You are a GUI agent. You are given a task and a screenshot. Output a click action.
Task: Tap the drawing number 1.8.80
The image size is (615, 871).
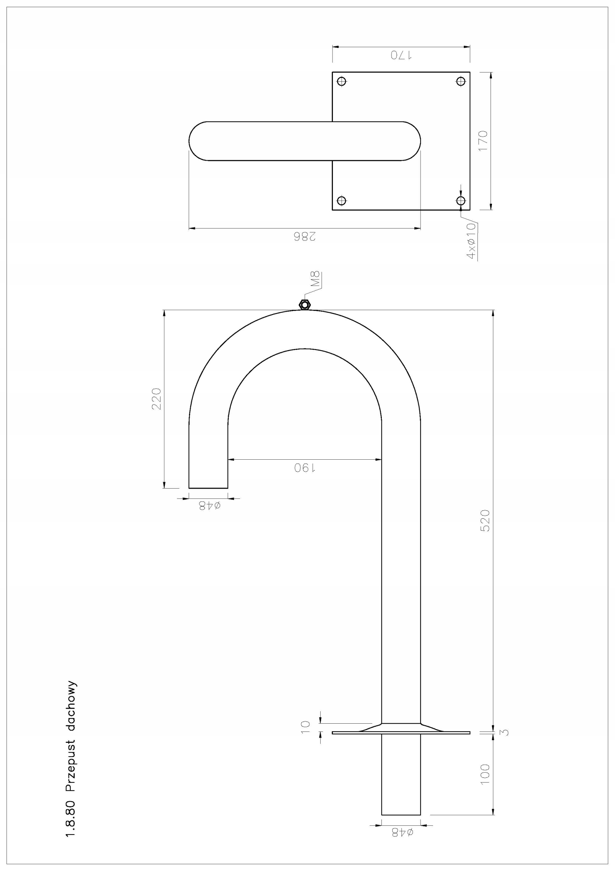point(71,808)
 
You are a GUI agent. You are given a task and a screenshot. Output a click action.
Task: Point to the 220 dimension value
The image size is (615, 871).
point(156,399)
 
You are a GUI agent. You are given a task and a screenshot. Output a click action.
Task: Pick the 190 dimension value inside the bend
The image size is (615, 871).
point(305,468)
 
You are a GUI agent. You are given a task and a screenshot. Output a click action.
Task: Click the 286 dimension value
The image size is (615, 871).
point(305,237)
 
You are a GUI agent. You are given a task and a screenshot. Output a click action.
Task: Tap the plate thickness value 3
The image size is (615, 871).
point(506,732)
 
